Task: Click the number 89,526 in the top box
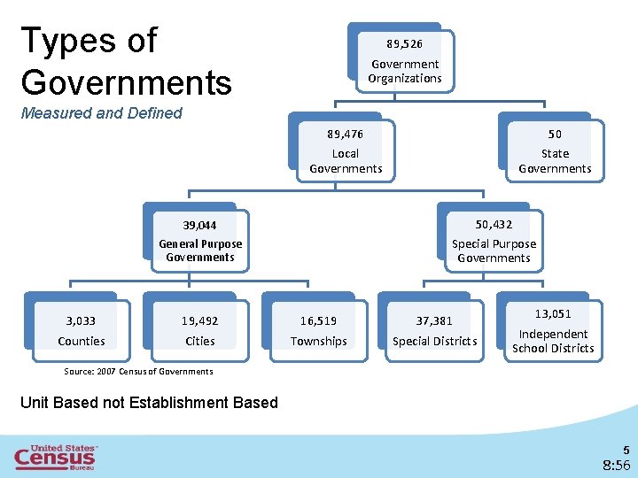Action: point(405,42)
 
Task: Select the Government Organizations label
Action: point(405,71)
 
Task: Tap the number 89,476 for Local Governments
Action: point(345,134)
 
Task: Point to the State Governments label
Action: point(555,161)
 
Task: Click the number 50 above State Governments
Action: point(555,134)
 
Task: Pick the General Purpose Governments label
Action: point(200,251)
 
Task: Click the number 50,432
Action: point(494,225)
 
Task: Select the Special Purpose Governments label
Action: point(494,251)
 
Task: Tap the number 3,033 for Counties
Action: point(81,321)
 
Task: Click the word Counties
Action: point(81,341)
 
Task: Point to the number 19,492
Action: point(199,321)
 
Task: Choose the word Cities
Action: point(199,341)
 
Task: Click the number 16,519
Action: point(318,321)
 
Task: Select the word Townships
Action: point(318,341)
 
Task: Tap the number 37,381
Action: point(434,321)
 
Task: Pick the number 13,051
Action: point(553,314)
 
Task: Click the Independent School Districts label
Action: point(553,341)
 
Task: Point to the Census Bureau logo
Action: point(56,457)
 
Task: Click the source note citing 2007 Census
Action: point(138,371)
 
